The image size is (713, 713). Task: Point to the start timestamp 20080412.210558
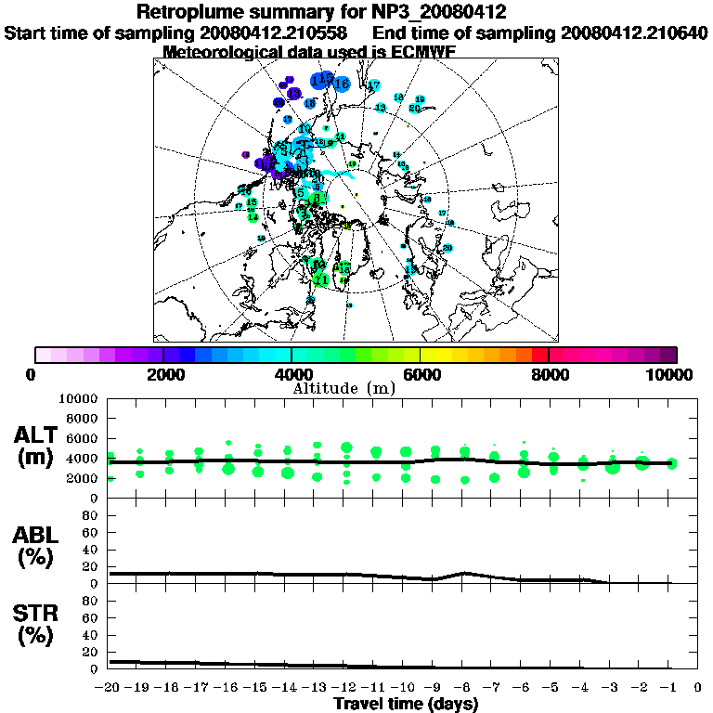coord(275,32)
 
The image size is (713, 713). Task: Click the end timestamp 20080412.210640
coord(635,32)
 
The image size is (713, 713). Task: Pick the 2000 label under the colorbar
coord(163,374)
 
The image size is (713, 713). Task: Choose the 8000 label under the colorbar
coord(549,374)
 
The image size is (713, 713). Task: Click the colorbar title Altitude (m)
coord(356,387)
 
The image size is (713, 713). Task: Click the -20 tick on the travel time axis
coord(109,688)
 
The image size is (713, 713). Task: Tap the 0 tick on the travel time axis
coord(697,688)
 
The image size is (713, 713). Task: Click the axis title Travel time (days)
coord(406,704)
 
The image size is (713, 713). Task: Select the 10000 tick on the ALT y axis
coord(78,398)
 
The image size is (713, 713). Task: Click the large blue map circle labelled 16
coord(341,84)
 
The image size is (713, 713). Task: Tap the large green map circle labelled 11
coord(322,279)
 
